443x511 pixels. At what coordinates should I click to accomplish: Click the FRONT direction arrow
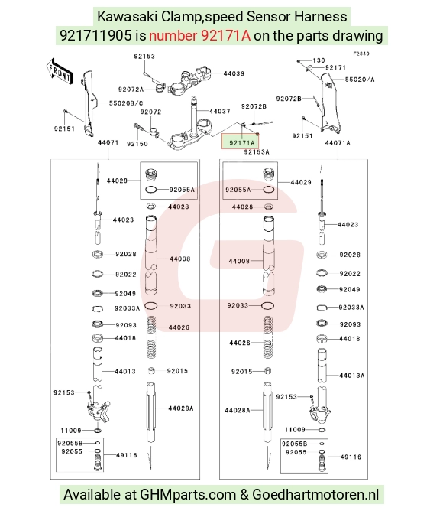60,72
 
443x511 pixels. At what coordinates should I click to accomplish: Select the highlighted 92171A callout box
241,142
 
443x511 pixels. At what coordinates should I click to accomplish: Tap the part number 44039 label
234,73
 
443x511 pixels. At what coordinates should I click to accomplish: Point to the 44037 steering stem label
220,112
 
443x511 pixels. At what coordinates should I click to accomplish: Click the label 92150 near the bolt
137,144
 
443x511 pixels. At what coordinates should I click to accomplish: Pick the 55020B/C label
126,103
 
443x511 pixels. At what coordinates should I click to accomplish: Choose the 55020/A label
360,80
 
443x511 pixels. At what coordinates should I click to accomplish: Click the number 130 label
319,60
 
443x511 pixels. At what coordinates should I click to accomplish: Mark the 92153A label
257,152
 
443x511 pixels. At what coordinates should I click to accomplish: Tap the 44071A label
338,143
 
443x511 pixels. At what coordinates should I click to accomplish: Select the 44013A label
352,376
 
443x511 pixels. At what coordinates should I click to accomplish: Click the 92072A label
131,90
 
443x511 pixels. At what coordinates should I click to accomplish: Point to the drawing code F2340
361,54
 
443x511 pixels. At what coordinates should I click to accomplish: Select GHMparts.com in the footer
188,494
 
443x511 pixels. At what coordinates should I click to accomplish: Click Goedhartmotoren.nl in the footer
315,494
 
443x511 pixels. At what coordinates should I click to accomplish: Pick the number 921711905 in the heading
95,36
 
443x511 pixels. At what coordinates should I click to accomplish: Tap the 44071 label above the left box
108,142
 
